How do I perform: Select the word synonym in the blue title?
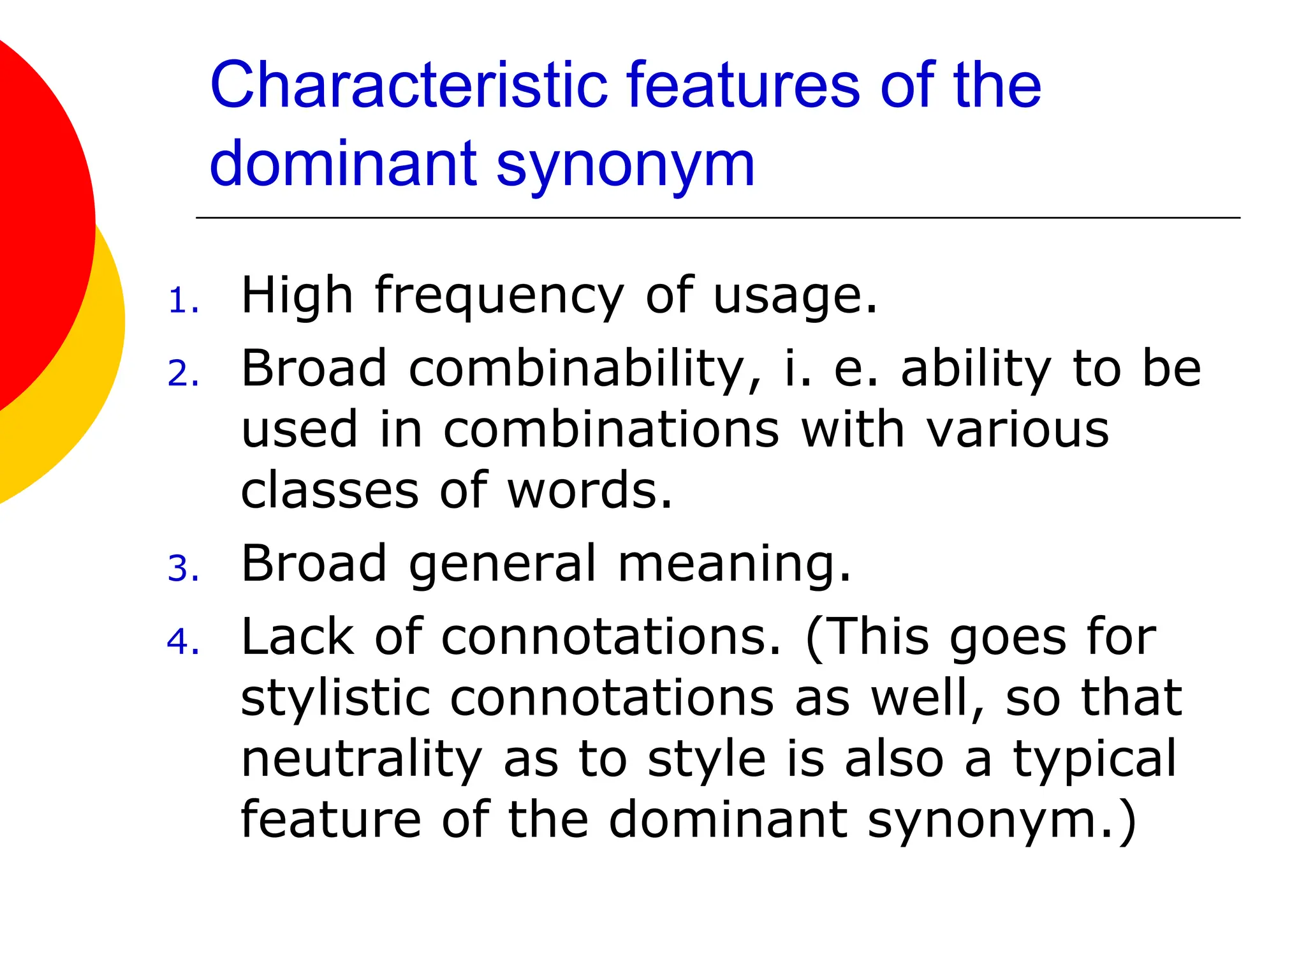(625, 165)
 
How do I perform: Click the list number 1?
(182, 301)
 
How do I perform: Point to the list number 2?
(182, 374)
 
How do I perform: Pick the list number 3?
(182, 568)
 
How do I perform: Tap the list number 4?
(182, 642)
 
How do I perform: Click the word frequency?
(499, 296)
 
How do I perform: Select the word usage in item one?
(795, 296)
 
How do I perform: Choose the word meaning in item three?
(734, 565)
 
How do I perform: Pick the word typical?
(1094, 759)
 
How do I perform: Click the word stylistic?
(335, 698)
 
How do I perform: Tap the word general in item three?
(503, 565)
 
